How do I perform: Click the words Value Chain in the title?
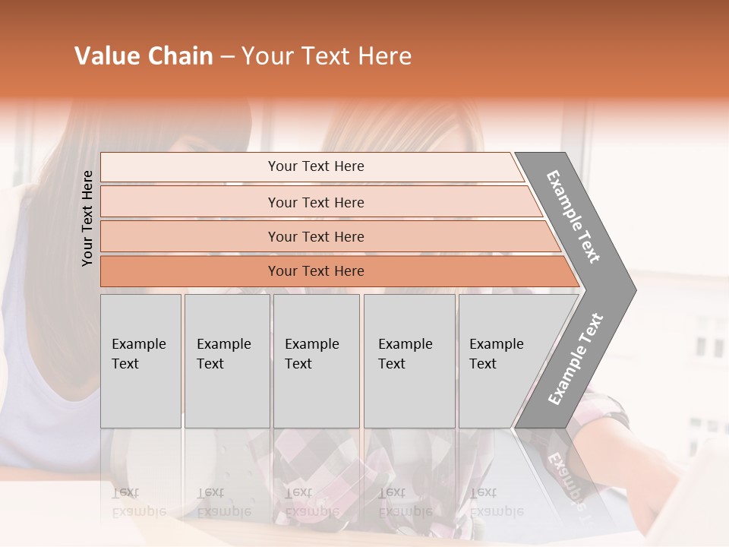pos(144,56)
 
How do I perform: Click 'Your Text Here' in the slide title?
pos(327,56)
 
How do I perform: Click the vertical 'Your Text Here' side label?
pos(87,219)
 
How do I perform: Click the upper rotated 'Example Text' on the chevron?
pos(573,217)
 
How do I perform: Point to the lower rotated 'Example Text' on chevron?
pos(576,359)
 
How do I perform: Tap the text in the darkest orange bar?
pos(316,271)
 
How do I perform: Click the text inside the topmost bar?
pos(316,166)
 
